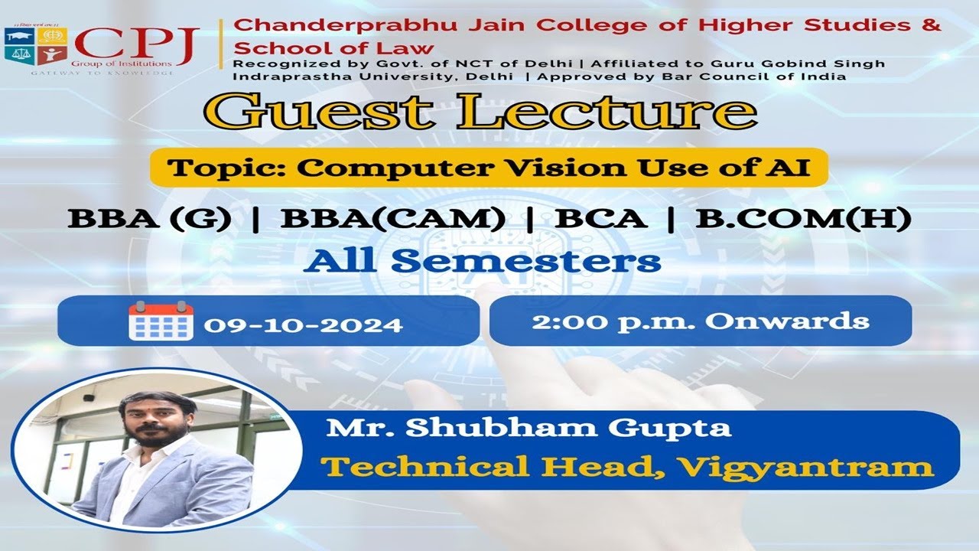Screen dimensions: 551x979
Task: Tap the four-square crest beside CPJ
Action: (x=35, y=45)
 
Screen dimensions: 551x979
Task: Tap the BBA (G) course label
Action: (x=150, y=220)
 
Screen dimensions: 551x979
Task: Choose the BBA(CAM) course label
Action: (x=393, y=220)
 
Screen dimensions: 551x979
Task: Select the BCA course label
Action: (x=601, y=220)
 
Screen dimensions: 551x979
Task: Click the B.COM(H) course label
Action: (x=803, y=220)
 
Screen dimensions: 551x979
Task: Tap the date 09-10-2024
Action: (x=303, y=324)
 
